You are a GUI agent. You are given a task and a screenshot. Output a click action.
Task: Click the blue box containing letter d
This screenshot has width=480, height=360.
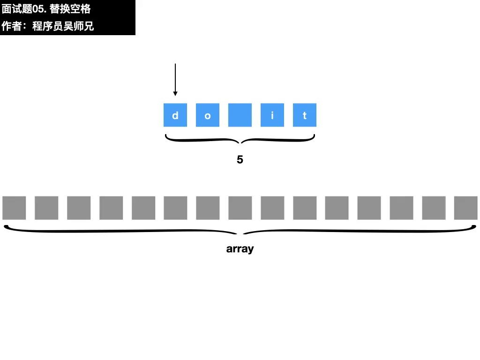(x=175, y=115)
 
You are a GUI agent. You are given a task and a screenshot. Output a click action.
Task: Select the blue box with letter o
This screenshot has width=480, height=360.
(x=208, y=115)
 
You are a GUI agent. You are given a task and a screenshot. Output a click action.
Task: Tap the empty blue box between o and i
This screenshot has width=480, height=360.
(x=240, y=115)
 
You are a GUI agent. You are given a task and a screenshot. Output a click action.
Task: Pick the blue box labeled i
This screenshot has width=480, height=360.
(x=272, y=115)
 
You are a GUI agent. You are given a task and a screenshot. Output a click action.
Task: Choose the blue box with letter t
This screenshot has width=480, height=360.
(x=305, y=115)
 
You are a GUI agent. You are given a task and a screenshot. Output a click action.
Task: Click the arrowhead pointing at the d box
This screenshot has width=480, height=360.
(x=175, y=93)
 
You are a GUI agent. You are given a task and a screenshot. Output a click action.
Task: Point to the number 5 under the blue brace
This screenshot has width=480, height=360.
(x=240, y=160)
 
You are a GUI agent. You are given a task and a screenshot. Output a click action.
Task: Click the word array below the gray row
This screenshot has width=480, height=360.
(x=240, y=249)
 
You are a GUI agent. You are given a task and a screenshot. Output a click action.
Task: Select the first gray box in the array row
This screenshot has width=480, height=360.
(x=14, y=208)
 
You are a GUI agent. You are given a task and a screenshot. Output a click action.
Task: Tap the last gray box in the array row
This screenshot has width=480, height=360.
(x=466, y=208)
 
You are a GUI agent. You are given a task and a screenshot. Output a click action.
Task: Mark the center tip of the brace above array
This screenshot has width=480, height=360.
(x=240, y=233)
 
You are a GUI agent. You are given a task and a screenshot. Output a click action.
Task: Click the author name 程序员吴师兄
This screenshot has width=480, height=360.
(x=63, y=26)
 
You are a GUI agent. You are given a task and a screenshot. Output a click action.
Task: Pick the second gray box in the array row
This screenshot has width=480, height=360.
(x=46, y=208)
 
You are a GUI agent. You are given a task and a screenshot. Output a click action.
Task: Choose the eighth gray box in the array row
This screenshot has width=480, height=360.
(x=240, y=208)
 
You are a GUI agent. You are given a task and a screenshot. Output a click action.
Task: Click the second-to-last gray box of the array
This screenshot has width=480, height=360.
(x=434, y=208)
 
